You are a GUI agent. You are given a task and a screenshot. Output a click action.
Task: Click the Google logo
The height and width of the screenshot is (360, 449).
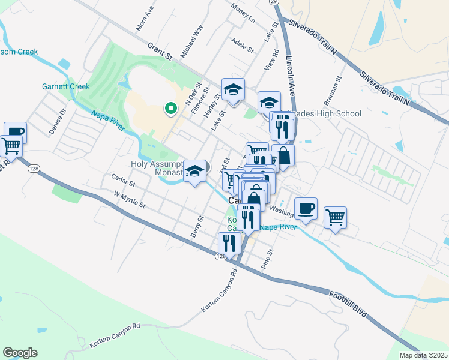coord(20,353)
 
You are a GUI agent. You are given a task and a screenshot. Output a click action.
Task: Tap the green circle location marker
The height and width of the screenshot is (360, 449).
coord(170,109)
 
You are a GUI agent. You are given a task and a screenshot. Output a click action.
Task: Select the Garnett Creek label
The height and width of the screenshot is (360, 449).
coord(66,86)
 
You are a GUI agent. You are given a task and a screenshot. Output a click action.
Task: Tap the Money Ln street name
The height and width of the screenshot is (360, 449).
coord(243,12)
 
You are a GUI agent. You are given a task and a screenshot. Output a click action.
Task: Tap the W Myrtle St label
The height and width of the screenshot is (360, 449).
coord(130,199)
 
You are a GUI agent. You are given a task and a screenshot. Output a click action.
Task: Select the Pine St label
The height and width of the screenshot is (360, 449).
coord(267,259)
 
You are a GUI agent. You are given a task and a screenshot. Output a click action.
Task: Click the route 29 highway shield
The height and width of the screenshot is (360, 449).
coord(274,3)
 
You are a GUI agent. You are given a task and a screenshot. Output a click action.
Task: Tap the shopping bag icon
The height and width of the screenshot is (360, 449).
coord(283,156)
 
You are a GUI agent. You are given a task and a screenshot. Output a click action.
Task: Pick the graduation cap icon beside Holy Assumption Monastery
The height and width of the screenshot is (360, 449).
coord(196,171)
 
